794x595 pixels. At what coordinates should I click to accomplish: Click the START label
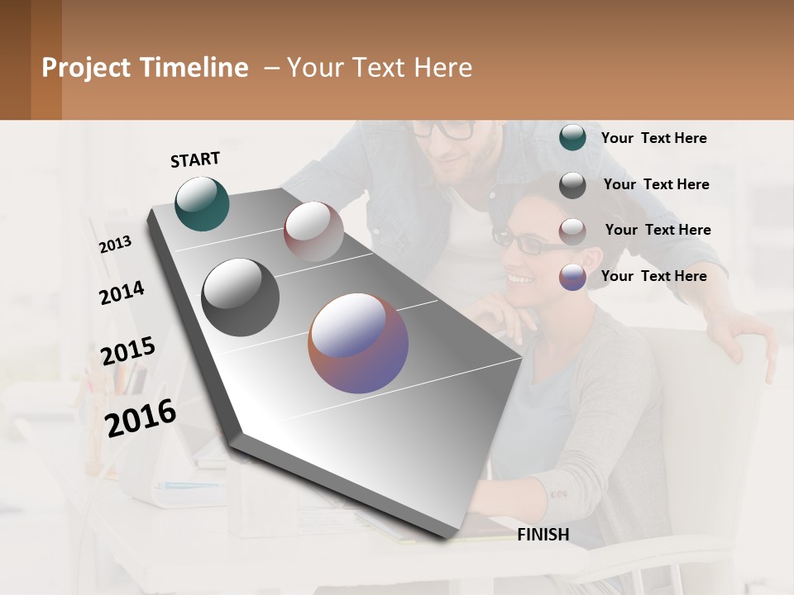[x=195, y=159]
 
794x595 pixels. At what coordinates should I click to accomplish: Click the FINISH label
[x=543, y=535]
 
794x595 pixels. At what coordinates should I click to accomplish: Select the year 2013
[x=116, y=244]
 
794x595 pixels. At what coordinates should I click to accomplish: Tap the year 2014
[x=122, y=293]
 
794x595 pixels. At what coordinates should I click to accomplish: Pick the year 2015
[x=128, y=350]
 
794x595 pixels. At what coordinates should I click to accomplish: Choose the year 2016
[x=141, y=417]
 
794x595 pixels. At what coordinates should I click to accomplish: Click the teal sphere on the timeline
[x=202, y=203]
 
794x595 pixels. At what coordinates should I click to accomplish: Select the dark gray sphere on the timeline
[x=240, y=297]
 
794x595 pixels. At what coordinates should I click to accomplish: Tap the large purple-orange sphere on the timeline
[x=358, y=343]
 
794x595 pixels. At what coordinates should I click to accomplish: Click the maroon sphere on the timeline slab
[x=313, y=231]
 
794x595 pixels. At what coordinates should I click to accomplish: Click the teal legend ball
[x=572, y=138]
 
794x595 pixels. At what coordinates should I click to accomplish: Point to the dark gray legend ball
[x=572, y=185]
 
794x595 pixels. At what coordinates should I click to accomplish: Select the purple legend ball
[x=572, y=277]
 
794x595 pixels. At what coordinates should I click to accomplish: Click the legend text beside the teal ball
[x=653, y=138]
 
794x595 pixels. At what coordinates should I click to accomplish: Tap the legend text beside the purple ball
[x=653, y=276]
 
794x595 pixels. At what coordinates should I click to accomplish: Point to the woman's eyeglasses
[x=521, y=241]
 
